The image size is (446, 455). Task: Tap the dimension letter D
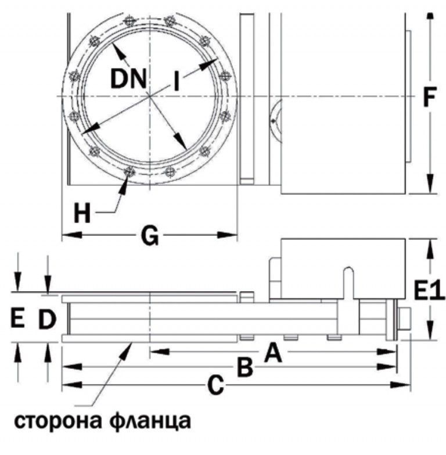(48, 318)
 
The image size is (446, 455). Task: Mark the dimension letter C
(215, 385)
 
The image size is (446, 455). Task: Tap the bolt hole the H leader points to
(130, 172)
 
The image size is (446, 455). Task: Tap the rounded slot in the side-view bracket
(348, 273)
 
